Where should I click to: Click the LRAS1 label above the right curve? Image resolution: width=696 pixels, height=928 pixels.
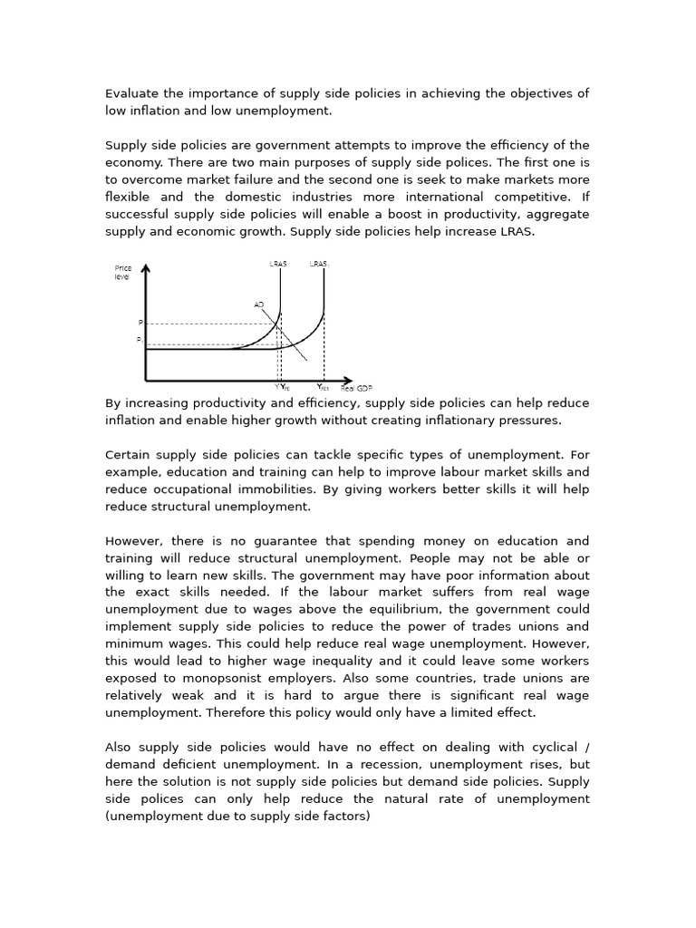(x=319, y=264)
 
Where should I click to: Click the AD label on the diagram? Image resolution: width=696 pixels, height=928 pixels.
(x=259, y=304)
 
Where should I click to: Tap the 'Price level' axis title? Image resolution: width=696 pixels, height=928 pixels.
(x=122, y=272)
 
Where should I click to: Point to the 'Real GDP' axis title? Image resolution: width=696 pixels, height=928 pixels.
(x=356, y=388)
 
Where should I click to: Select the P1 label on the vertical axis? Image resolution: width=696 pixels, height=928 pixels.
(x=140, y=340)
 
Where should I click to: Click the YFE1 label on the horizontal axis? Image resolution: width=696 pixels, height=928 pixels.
(x=323, y=387)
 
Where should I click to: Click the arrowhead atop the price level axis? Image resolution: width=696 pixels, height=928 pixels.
(x=146, y=268)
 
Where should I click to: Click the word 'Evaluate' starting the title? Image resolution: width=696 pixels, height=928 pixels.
(x=132, y=93)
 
